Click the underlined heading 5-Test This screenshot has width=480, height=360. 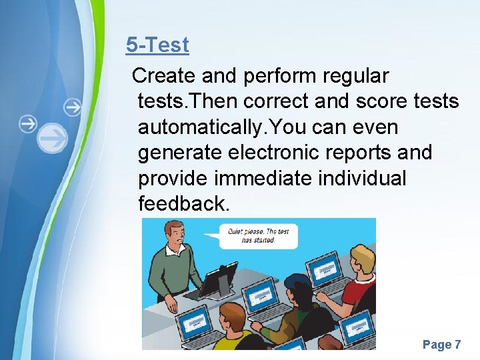pyautogui.click(x=157, y=45)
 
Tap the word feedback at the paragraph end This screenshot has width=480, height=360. pyautogui.click(x=183, y=203)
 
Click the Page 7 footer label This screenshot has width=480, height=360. pyautogui.click(x=441, y=344)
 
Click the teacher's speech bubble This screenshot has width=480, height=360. pyautogui.click(x=259, y=235)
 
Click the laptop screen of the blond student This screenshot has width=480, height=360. pyautogui.click(x=327, y=270)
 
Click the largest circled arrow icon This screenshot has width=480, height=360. pyautogui.click(x=53, y=139)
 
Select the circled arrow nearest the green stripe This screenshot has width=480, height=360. pyautogui.click(x=72, y=107)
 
